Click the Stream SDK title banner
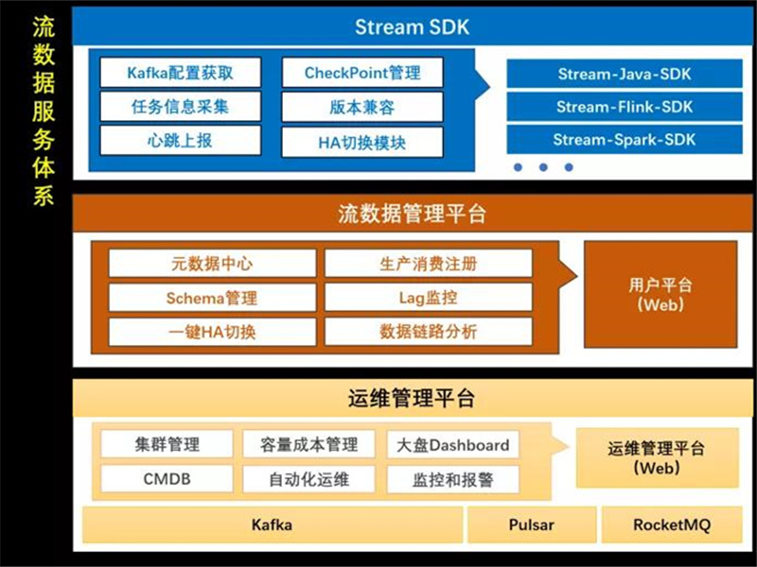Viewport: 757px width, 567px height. (413, 26)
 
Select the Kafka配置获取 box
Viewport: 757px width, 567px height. (181, 73)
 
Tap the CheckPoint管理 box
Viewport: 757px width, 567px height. (362, 73)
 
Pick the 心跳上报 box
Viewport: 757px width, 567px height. (181, 141)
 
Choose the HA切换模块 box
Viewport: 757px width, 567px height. (362, 143)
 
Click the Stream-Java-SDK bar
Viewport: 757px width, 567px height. (625, 74)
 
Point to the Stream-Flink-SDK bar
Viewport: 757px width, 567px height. (625, 107)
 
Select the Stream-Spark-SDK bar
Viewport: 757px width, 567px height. (625, 139)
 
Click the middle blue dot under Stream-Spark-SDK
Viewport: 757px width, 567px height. (543, 167)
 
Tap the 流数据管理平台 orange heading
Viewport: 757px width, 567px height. (413, 214)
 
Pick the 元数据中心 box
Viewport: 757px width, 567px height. (212, 264)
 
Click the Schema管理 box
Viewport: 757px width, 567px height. (212, 298)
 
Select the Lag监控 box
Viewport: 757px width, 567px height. (429, 298)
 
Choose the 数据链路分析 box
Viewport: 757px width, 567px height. (429, 332)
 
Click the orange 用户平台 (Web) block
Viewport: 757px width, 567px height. (660, 295)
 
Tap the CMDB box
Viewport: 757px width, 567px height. (167, 479)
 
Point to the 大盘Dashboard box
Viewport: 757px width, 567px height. (453, 444)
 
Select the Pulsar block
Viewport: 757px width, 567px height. (532, 524)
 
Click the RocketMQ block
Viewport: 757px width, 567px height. (672, 524)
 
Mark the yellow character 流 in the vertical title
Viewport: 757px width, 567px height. (44, 27)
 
